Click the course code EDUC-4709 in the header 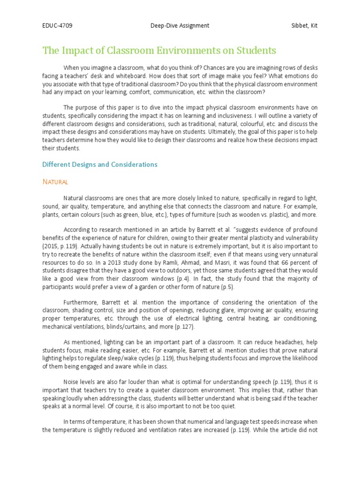57,26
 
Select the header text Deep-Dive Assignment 180,26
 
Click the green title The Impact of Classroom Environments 159,51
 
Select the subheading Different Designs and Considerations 100,165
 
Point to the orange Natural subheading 55,181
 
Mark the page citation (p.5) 225,287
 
